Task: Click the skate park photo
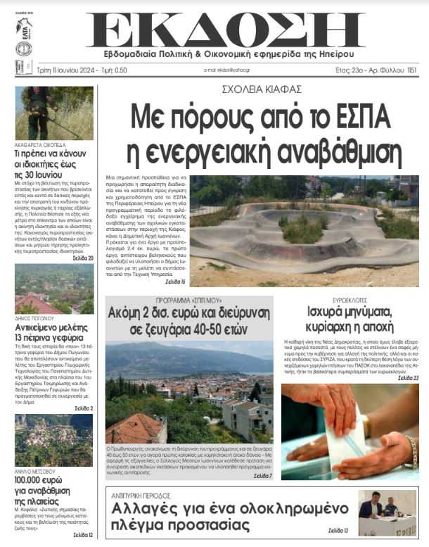[304, 230]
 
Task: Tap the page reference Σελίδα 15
[176, 282]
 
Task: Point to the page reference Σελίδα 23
[407, 378]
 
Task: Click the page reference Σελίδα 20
[82, 258]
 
